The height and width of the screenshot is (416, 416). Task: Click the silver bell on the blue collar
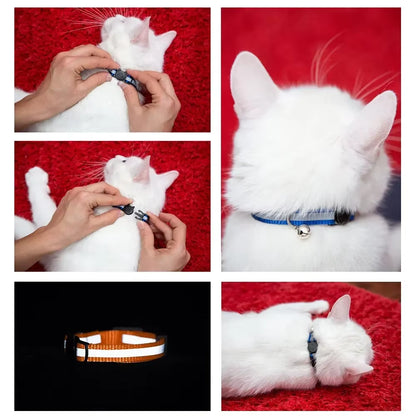[303, 231]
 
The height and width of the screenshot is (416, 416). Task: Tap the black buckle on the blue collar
[342, 216]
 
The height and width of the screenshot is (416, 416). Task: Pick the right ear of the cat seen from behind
[372, 121]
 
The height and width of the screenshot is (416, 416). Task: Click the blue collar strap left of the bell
[272, 218]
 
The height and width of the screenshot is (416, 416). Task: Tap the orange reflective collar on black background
[120, 345]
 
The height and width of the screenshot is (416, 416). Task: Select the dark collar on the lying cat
[313, 348]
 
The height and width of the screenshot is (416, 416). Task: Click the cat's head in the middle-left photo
[140, 175]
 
